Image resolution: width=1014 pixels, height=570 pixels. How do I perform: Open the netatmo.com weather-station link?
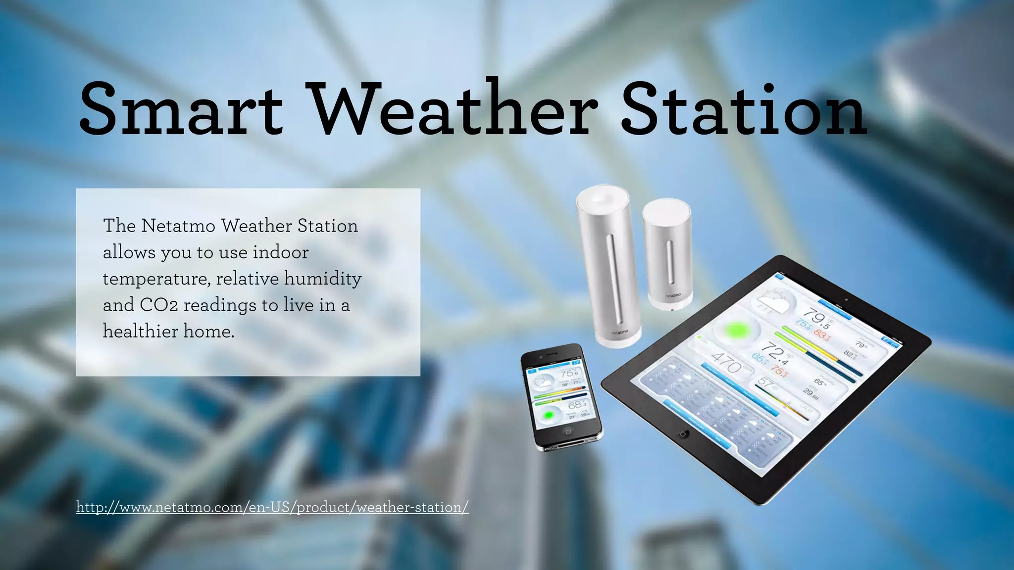pyautogui.click(x=272, y=508)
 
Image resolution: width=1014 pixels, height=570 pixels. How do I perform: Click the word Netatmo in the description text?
pyautogui.click(x=178, y=226)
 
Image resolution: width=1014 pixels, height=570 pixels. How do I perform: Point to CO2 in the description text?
pyautogui.click(x=158, y=305)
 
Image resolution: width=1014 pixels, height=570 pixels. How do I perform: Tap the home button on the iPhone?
pyautogui.click(x=567, y=431)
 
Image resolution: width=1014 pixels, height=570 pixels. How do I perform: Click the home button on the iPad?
pyautogui.click(x=683, y=434)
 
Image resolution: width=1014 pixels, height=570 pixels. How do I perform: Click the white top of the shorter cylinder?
pyautogui.click(x=666, y=207)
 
